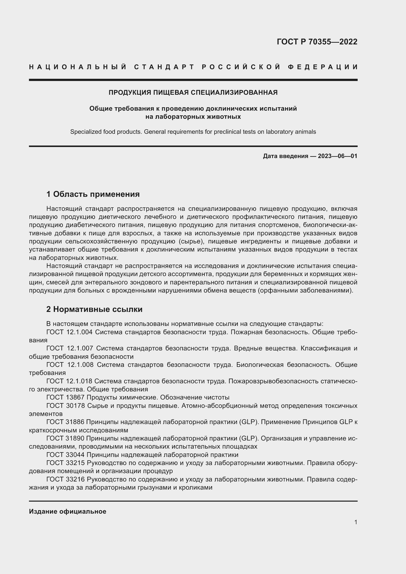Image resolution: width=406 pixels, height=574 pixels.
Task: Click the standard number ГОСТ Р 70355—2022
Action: [317, 42]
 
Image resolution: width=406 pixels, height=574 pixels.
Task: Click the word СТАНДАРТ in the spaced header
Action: [164, 67]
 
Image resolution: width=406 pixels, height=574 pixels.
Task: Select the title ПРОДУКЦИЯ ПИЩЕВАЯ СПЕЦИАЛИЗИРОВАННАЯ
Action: [193, 93]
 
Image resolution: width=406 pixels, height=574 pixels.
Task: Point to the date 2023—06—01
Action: [337, 156]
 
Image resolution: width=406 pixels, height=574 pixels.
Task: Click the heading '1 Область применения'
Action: [93, 194]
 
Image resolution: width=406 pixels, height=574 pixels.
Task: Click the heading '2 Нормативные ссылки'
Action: [94, 309]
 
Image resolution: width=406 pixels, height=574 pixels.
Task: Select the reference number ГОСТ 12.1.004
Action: [69, 332]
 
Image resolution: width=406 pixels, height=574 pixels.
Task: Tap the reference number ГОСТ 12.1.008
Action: [70, 365]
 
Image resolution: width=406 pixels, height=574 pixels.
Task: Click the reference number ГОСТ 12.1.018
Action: [69, 381]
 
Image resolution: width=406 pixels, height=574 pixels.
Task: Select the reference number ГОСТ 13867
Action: [66, 398]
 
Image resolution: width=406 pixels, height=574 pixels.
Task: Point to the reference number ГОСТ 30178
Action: [66, 405]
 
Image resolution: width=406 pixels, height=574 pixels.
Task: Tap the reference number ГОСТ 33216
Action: [66, 479]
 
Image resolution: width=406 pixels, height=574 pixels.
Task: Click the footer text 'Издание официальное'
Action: [68, 511]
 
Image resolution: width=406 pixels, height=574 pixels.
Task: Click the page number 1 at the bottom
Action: [355, 522]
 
